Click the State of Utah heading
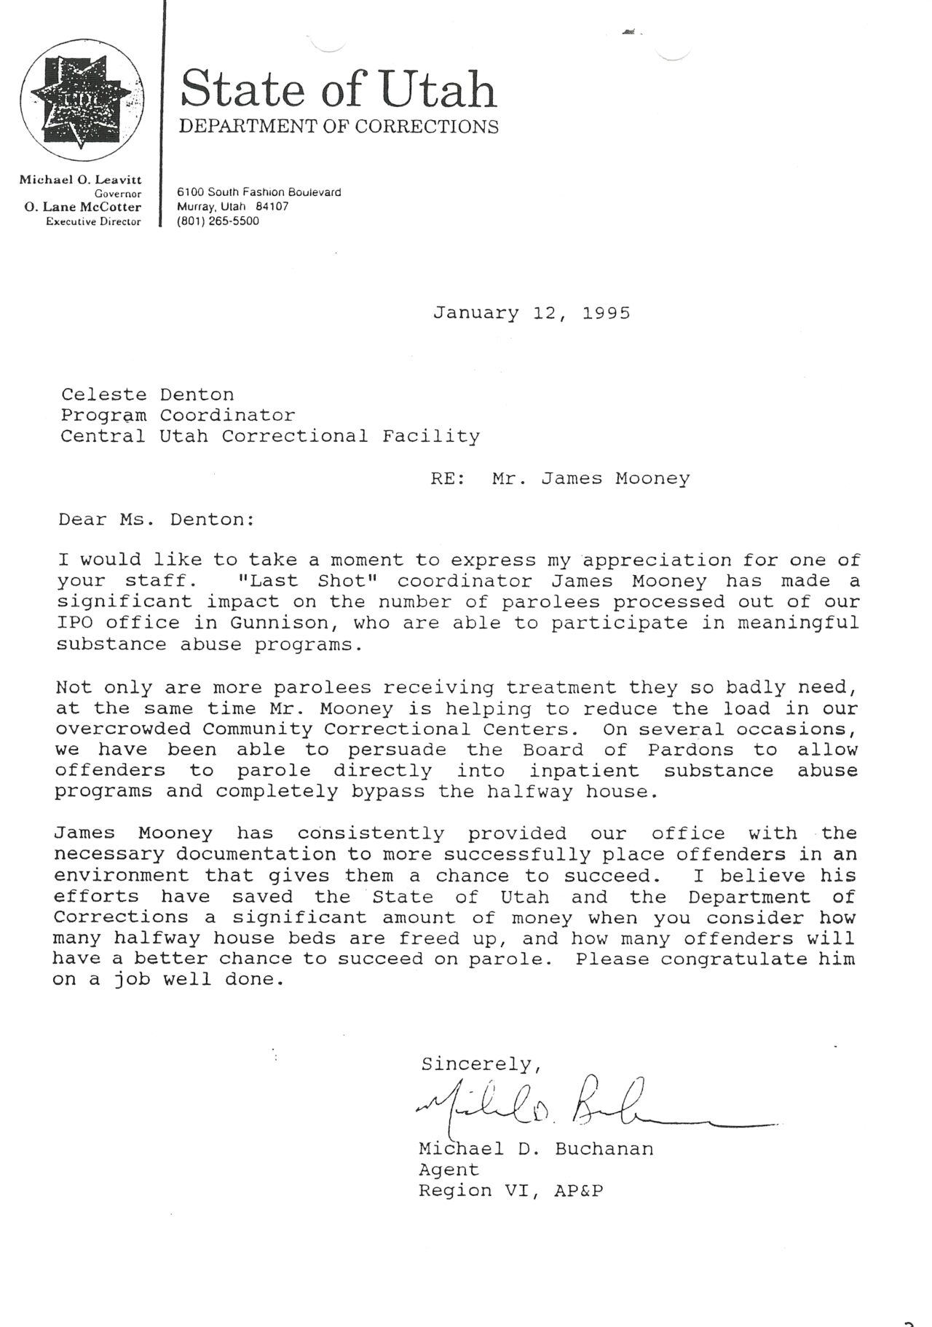click(x=339, y=90)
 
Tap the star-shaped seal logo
click(x=82, y=100)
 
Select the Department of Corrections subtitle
click(x=339, y=127)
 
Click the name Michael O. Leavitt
click(x=80, y=179)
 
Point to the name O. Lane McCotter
click(x=82, y=207)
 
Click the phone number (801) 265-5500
click(x=218, y=221)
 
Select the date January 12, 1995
click(x=532, y=313)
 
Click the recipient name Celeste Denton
click(x=147, y=395)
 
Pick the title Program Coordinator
click(x=178, y=416)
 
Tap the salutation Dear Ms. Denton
click(x=157, y=520)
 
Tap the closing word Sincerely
click(x=481, y=1064)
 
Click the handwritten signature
click(x=582, y=1108)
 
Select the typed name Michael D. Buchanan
click(x=536, y=1149)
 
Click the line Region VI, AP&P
click(x=510, y=1191)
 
